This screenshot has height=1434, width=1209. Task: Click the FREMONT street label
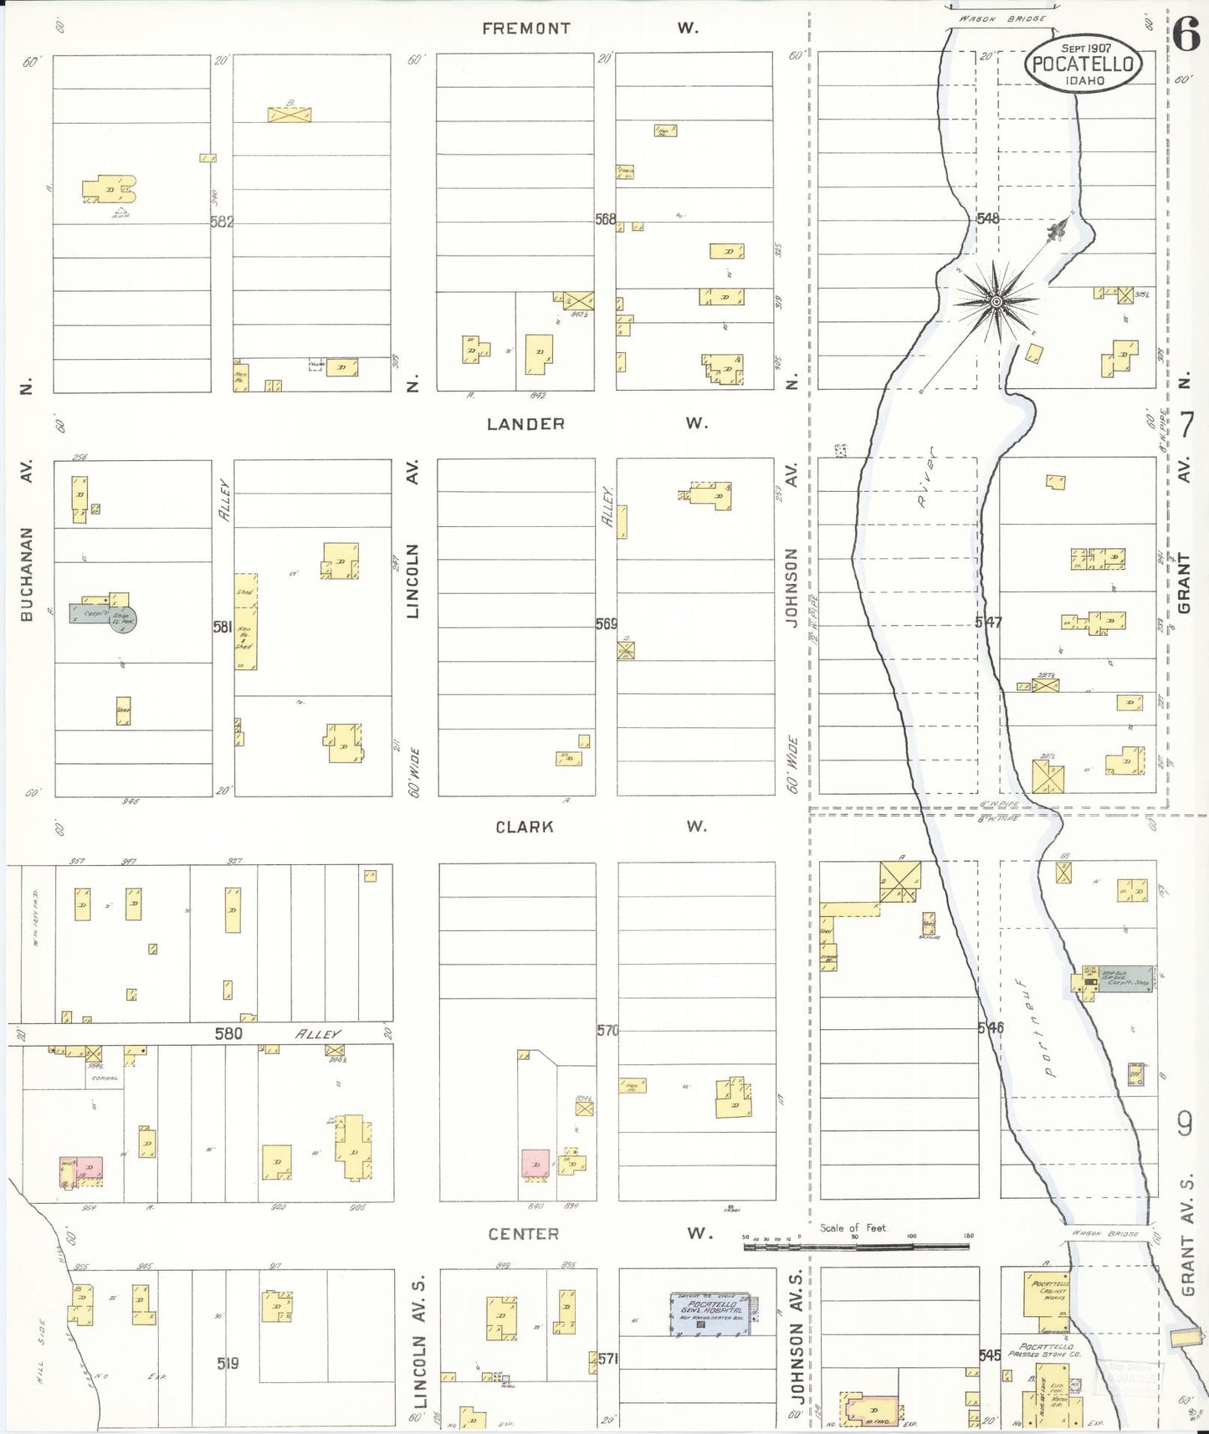click(525, 28)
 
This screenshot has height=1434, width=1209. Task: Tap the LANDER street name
click(525, 424)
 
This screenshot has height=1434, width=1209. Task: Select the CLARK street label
click(525, 827)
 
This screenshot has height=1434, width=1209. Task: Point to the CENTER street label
click(523, 1234)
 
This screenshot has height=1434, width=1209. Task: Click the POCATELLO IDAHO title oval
click(1083, 63)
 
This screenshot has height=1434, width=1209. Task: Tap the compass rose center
click(997, 301)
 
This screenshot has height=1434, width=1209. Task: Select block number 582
click(222, 222)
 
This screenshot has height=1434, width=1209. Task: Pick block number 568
click(606, 219)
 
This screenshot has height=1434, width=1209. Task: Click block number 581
click(223, 626)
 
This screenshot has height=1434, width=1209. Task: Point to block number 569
click(607, 623)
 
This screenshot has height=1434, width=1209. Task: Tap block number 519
click(228, 1364)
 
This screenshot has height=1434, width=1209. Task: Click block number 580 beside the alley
click(228, 1034)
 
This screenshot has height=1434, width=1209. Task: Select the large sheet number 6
click(1186, 35)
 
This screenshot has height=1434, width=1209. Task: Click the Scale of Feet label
click(852, 1228)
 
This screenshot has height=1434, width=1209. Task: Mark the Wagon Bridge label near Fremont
click(1002, 18)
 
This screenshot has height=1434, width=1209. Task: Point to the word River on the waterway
click(925, 488)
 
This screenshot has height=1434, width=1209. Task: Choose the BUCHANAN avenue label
click(27, 573)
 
